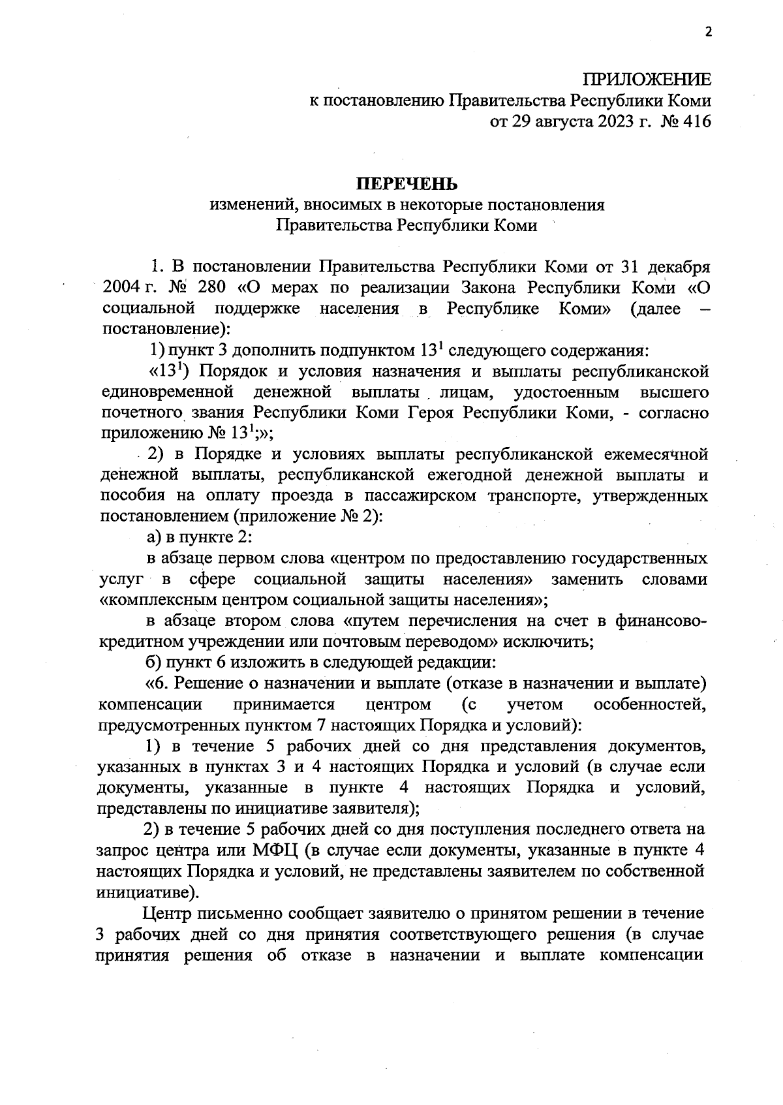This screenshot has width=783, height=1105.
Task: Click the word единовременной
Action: pyautogui.click(x=168, y=392)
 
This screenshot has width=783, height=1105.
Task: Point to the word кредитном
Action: pyautogui.click(x=134, y=641)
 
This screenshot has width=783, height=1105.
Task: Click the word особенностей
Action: pyautogui.click(x=649, y=704)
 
